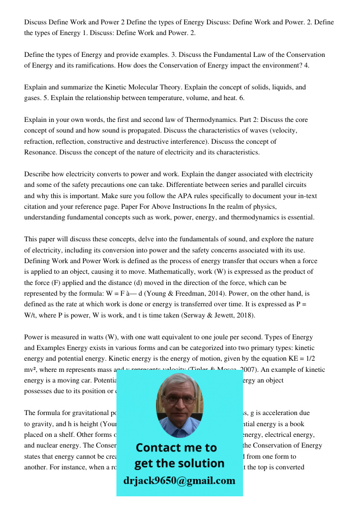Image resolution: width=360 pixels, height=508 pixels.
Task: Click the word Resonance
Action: click(42, 152)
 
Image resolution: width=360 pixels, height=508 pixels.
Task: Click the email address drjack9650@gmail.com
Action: click(179, 480)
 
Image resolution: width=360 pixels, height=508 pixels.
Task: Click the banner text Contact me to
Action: click(176, 448)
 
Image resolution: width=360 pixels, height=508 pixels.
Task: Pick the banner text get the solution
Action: click(179, 463)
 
